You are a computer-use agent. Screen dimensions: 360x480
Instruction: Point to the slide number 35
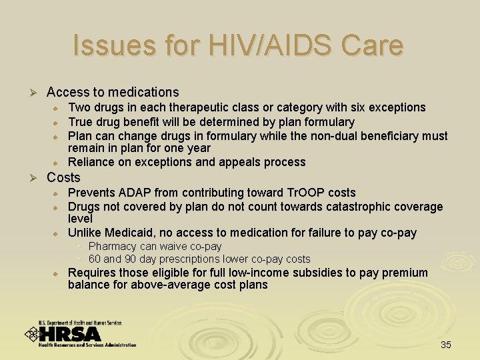coord(446,345)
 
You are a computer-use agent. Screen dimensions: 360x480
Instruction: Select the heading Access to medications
coord(113,92)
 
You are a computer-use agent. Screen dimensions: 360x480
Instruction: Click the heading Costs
coord(63,177)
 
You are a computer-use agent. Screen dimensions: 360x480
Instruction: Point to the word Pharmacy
coord(111,247)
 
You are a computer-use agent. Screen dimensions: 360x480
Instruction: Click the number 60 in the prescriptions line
coord(94,259)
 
